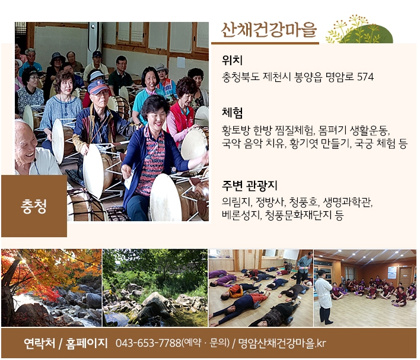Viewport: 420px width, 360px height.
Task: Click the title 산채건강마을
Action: pyautogui.click(x=269, y=30)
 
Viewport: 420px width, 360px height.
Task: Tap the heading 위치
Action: pyautogui.click(x=232, y=60)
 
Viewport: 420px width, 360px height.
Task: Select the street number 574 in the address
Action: pyautogui.click(x=365, y=77)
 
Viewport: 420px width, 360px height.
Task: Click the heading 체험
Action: pyautogui.click(x=232, y=113)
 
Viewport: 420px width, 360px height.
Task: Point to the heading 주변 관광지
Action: pyautogui.click(x=249, y=186)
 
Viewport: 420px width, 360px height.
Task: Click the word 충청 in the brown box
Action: pyautogui.click(x=34, y=206)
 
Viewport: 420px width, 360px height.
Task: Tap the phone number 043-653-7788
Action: pyautogui.click(x=148, y=343)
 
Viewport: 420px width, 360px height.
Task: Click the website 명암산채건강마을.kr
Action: pyautogui.click(x=282, y=343)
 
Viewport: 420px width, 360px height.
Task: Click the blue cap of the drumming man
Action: pyautogui.click(x=98, y=87)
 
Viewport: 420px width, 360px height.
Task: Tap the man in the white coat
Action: pyautogui.click(x=323, y=296)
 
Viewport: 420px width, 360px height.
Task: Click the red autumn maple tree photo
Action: pyautogui.click(x=52, y=288)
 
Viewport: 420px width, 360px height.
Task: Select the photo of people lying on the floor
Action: pyautogui.click(x=260, y=288)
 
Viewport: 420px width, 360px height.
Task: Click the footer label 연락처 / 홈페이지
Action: pyautogui.click(x=66, y=343)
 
